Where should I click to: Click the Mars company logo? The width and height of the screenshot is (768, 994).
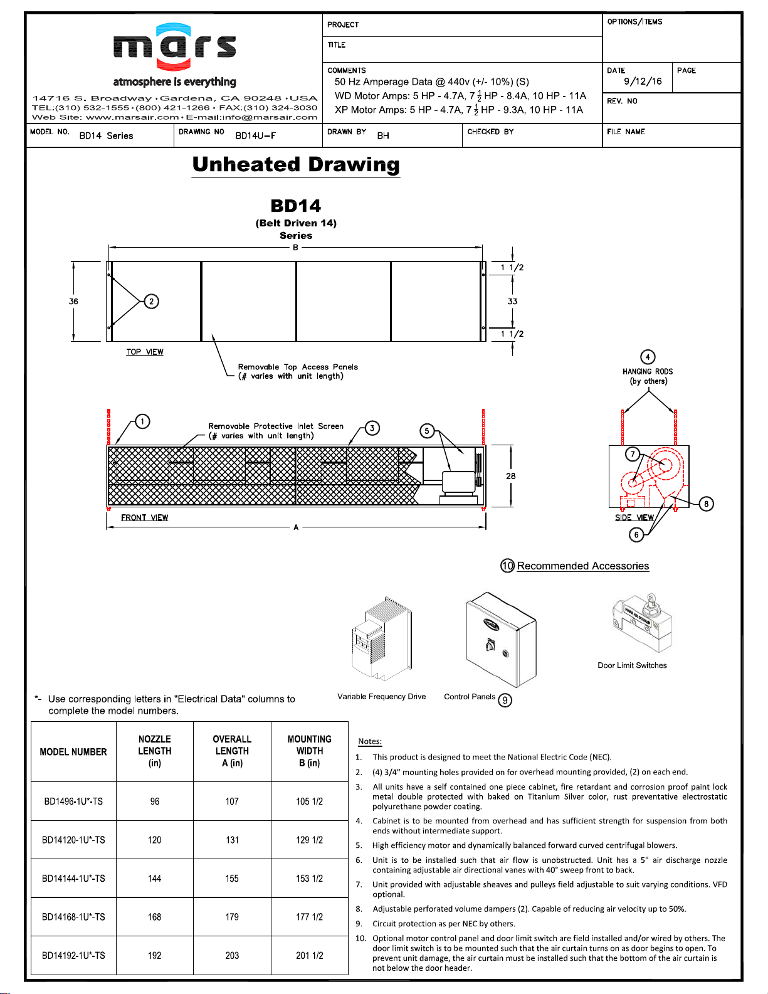(174, 47)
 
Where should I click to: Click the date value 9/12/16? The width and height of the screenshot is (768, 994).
(643, 82)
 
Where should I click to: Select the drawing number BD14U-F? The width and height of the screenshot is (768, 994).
(255, 135)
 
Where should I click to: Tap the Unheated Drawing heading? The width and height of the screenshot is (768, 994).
(296, 164)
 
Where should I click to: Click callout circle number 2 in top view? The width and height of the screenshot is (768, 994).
(151, 302)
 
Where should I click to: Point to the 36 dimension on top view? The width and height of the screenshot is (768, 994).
(73, 302)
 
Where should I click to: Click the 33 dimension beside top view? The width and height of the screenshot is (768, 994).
(512, 302)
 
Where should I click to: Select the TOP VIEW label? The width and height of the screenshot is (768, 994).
(145, 352)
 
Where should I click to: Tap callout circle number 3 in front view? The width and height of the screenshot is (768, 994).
(372, 428)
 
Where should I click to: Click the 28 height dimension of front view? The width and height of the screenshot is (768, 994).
(511, 476)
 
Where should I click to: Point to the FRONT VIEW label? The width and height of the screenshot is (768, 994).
(144, 517)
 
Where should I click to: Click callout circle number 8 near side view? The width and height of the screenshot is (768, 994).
(706, 504)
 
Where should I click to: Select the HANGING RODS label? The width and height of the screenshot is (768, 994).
(648, 372)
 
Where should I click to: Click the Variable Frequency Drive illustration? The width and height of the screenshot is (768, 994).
(381, 640)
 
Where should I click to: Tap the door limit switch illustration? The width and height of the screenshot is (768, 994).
(641, 623)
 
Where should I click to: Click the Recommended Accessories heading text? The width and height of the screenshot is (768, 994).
(582, 566)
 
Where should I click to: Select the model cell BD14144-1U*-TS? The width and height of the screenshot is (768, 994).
(73, 879)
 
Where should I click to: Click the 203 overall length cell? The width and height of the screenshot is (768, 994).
(232, 956)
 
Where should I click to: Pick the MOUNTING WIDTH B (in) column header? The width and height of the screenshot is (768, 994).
(309, 751)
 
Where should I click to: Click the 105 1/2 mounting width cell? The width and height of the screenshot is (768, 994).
(309, 801)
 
